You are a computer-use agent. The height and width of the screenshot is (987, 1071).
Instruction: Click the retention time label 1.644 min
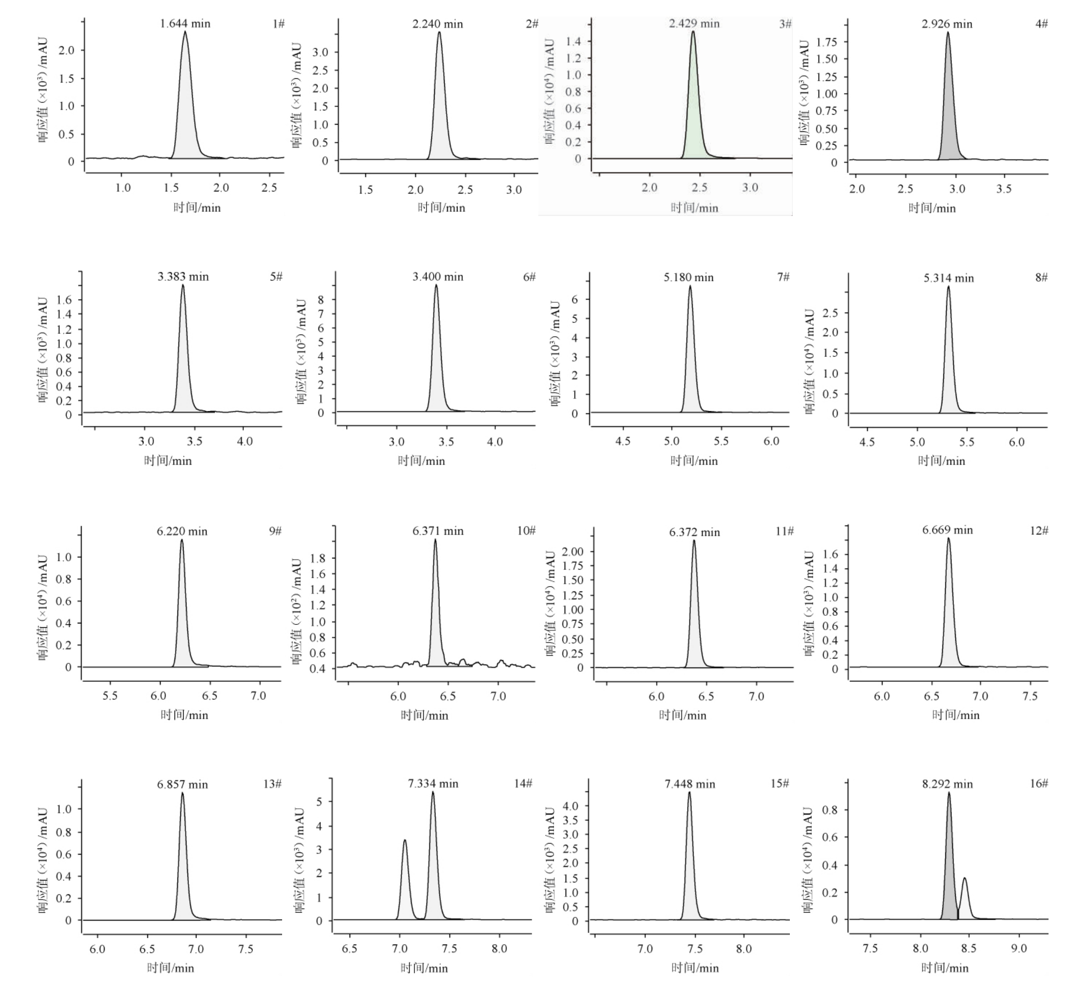(185, 23)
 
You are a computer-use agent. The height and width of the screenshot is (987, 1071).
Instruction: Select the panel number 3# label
(785, 24)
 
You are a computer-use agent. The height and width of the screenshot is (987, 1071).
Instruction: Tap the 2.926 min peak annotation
(947, 24)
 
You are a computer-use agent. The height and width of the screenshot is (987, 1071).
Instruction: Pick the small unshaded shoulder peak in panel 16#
(965, 900)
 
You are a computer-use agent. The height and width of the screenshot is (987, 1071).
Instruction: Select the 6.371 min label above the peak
(437, 531)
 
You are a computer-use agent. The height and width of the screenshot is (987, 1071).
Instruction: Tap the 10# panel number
(526, 530)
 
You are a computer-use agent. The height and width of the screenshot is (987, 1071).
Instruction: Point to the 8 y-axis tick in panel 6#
(321, 300)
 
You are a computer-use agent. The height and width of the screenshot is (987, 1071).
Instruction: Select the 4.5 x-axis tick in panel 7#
(623, 441)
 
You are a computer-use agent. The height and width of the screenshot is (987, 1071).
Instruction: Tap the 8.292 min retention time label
(947, 784)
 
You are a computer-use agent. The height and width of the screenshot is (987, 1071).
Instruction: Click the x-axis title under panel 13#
(171, 968)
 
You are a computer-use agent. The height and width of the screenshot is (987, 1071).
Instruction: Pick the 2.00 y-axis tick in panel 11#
(572, 552)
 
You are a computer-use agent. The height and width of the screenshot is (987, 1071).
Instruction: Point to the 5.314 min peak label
(949, 278)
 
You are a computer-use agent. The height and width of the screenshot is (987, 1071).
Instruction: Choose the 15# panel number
(780, 783)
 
